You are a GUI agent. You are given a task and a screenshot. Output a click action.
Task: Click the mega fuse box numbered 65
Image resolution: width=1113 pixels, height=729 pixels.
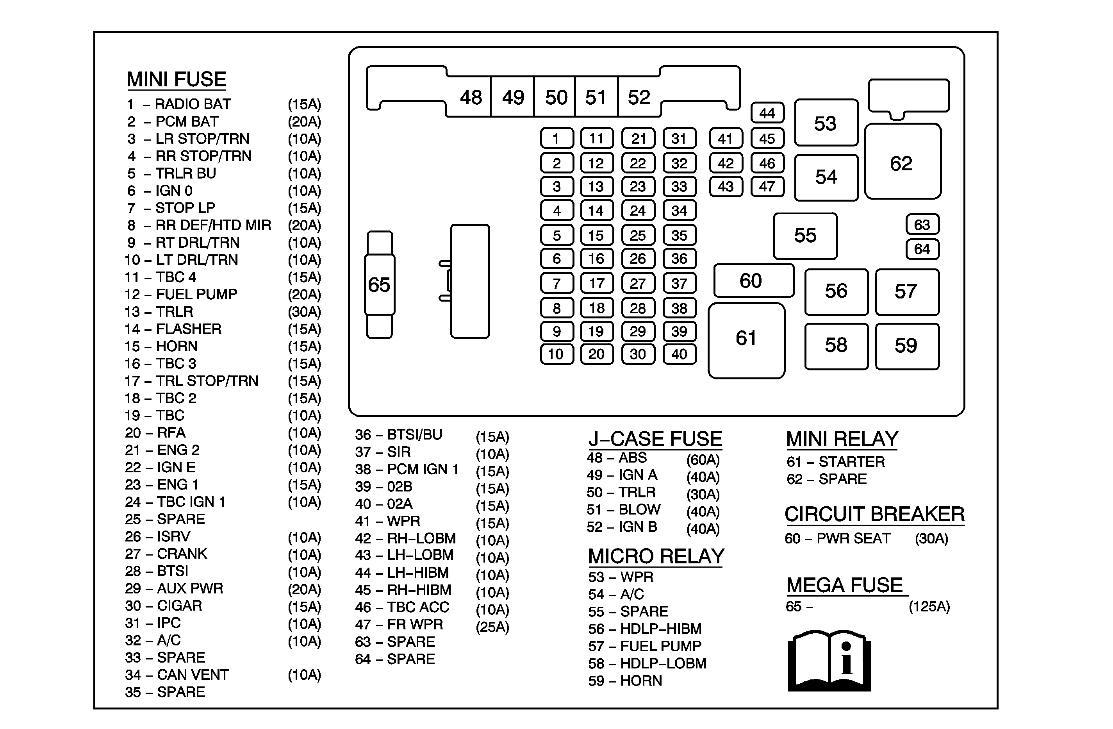(379, 284)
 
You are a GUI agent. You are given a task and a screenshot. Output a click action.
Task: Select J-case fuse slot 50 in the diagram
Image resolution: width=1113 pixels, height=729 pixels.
(556, 98)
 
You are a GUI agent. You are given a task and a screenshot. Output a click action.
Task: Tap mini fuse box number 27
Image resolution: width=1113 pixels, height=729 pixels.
(638, 283)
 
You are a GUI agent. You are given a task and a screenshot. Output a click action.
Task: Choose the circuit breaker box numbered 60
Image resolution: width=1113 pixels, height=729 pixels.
(753, 280)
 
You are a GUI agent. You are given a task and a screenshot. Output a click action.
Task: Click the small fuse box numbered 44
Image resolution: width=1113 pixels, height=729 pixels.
(767, 113)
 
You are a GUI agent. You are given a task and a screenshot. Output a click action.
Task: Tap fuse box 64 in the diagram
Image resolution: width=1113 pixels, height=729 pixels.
(922, 249)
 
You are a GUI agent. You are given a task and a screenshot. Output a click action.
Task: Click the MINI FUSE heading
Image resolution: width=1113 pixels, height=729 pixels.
(177, 80)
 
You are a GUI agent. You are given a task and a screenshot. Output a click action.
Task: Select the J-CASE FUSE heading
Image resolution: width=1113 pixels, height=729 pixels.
(655, 439)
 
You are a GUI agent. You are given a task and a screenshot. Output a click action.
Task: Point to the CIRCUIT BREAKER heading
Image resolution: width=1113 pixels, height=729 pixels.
(874, 514)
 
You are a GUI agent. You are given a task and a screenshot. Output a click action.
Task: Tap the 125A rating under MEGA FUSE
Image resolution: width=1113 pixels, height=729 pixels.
(929, 607)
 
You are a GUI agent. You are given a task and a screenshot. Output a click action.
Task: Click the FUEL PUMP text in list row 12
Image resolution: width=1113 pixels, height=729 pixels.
(196, 294)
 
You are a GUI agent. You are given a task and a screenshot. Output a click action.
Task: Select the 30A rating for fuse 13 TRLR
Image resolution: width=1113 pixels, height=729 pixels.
(305, 312)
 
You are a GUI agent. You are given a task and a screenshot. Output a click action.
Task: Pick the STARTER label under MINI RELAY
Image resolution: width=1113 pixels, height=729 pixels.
(852, 462)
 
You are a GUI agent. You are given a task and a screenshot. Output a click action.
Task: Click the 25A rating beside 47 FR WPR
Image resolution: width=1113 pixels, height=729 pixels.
(492, 627)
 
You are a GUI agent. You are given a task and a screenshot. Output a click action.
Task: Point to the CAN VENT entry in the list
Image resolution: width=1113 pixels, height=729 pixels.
(193, 675)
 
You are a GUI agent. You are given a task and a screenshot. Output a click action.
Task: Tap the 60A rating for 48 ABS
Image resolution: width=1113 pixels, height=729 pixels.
(703, 460)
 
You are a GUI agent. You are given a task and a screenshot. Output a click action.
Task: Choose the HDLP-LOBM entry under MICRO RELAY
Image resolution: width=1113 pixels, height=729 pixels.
(663, 663)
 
